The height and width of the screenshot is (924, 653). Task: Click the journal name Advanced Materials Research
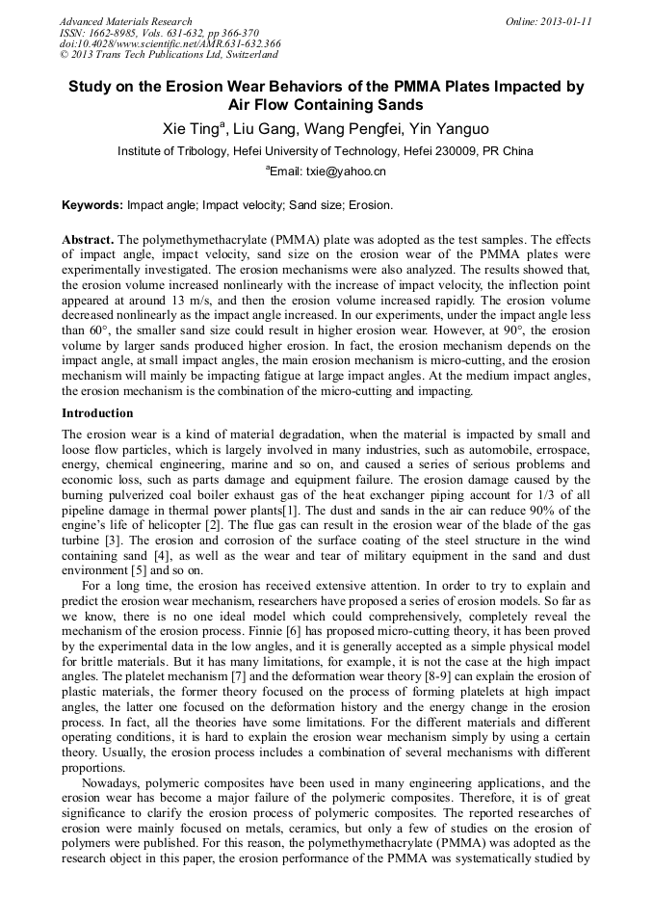tap(125, 21)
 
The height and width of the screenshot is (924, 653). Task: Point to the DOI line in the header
tap(170, 43)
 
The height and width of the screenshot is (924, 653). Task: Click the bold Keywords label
tap(92, 205)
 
